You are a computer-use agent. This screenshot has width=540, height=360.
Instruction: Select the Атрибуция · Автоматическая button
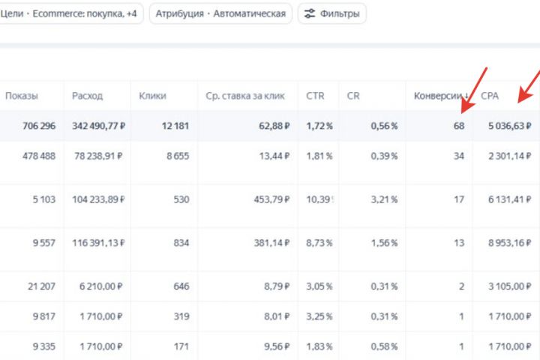click(x=220, y=13)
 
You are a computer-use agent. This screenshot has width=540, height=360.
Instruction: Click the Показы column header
click(x=22, y=96)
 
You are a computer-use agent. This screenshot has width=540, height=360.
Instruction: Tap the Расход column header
click(x=88, y=96)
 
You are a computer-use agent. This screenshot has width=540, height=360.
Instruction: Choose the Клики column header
click(x=153, y=96)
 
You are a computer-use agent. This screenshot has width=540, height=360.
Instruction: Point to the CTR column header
click(x=315, y=96)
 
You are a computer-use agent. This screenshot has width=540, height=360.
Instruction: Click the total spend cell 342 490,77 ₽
click(x=98, y=126)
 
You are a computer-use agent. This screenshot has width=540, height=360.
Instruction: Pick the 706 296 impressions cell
click(x=31, y=126)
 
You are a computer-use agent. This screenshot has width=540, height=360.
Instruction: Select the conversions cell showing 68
click(x=458, y=126)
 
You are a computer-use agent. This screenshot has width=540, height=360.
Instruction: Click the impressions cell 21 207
click(x=39, y=286)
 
